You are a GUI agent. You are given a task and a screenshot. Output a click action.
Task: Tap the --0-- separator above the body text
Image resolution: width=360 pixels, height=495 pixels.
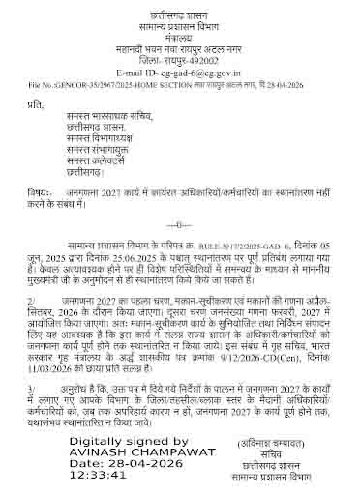coord(181,223)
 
